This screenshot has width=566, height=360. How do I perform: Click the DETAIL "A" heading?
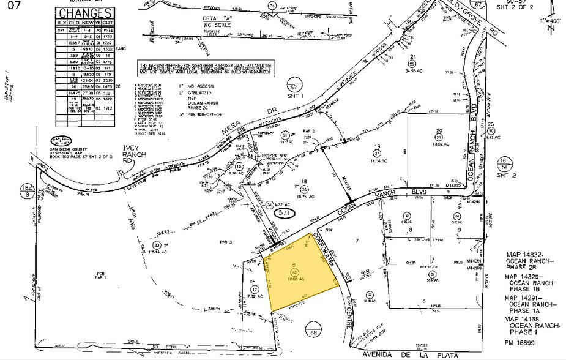pyautogui.click(x=219, y=19)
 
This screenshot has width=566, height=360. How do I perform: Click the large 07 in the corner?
pyautogui.click(x=13, y=7)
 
